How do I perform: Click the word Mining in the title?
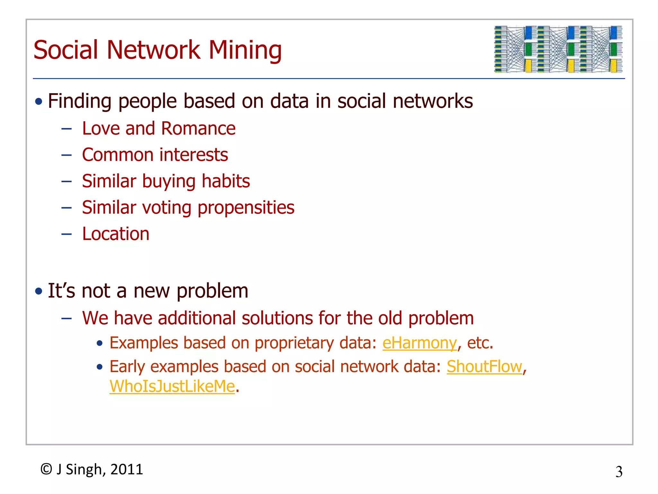point(245,50)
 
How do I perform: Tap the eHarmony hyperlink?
point(419,343)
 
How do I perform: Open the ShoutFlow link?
point(484,367)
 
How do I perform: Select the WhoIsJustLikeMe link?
point(172,386)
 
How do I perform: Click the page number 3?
point(619,472)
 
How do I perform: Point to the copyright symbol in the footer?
point(46,469)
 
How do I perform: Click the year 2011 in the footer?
point(127,469)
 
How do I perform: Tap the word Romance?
point(198,128)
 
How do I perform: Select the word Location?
point(116,234)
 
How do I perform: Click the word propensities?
point(246,208)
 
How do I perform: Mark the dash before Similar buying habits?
point(67,181)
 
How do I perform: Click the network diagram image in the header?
point(558,49)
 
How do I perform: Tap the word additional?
point(197,318)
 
